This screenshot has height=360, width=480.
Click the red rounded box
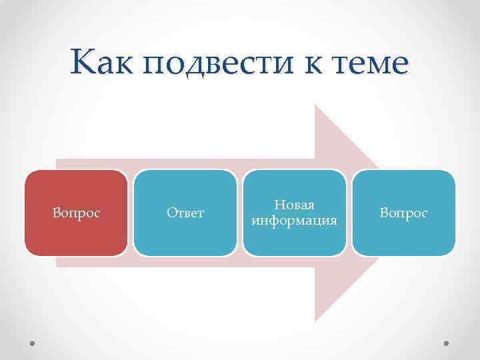pyautogui.click(x=76, y=213)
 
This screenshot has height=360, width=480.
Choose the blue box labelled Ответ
pyautogui.click(x=185, y=213)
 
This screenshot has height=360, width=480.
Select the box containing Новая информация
pyautogui.click(x=294, y=213)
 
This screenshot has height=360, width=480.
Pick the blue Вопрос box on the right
pyautogui.click(x=403, y=213)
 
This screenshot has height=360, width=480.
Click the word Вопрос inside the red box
pyautogui.click(x=76, y=213)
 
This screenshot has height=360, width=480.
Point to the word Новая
pyautogui.click(x=294, y=206)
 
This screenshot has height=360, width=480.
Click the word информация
pyautogui.click(x=294, y=220)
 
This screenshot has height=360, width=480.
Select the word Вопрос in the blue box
pyautogui.click(x=403, y=213)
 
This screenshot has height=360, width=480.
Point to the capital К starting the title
pyautogui.click(x=82, y=64)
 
